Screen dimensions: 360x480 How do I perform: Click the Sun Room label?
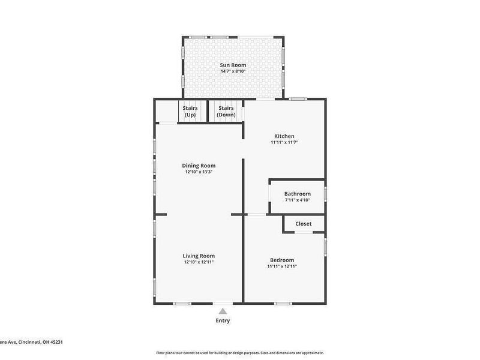coord(233,65)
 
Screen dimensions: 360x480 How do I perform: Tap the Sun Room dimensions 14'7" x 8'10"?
coord(233,71)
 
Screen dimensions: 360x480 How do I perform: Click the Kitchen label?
coord(284,136)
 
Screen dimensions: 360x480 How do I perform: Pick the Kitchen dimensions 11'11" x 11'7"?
coord(284,143)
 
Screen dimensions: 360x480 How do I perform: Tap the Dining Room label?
coord(199,166)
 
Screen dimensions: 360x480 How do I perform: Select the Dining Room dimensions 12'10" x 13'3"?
coord(199,172)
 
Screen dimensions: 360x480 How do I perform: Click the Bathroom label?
coord(297,194)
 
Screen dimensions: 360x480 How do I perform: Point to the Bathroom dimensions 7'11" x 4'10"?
coord(297,200)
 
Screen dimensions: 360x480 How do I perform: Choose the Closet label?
coord(303,224)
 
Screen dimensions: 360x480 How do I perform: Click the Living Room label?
coord(199,256)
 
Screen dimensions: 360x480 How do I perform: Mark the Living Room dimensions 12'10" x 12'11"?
coord(199,262)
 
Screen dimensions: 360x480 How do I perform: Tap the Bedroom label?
coord(281,260)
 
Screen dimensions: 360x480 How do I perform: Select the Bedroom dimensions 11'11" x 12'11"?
coord(281,266)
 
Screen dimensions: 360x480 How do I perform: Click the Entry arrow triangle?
coord(223,311)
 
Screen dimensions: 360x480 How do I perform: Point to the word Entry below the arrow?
coord(223,320)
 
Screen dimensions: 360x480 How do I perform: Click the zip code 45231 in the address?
coord(56,341)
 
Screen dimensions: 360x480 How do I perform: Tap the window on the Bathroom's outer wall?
coord(326,194)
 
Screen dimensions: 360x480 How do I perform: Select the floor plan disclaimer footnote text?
coord(240,353)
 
